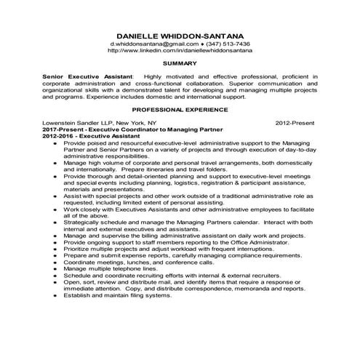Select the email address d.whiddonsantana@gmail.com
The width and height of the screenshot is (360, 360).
click(x=148, y=44)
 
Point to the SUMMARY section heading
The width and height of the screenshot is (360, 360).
click(x=180, y=64)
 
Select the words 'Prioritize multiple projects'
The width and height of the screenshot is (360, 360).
click(x=103, y=248)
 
